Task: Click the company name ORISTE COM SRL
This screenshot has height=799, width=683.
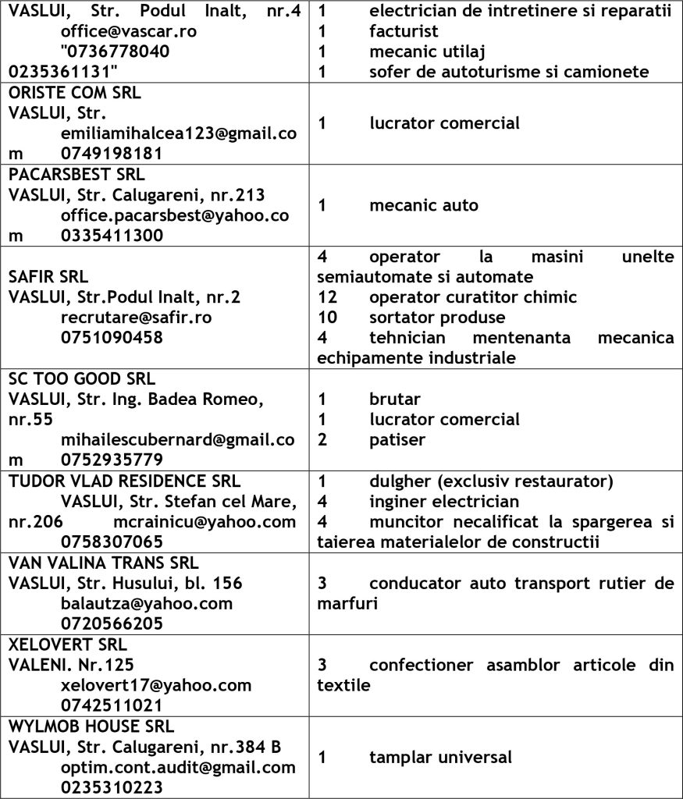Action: pyautogui.click(x=74, y=92)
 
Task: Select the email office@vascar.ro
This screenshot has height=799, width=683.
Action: pyautogui.click(x=129, y=32)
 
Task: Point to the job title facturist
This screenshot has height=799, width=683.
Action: pyautogui.click(x=404, y=32)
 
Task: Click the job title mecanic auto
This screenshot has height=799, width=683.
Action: pyautogui.click(x=424, y=206)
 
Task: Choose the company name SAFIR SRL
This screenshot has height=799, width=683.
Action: pyautogui.click(x=48, y=277)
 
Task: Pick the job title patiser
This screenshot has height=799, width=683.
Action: pyautogui.click(x=397, y=439)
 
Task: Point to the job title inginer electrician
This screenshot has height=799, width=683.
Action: pyautogui.click(x=444, y=502)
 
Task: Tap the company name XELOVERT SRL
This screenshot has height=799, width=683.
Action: pyautogui.click(x=68, y=645)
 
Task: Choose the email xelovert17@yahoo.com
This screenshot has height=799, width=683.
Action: pyautogui.click(x=156, y=685)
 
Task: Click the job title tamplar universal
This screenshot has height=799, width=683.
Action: pyautogui.click(x=441, y=757)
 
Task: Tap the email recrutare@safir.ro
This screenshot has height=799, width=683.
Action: pyautogui.click(x=137, y=318)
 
